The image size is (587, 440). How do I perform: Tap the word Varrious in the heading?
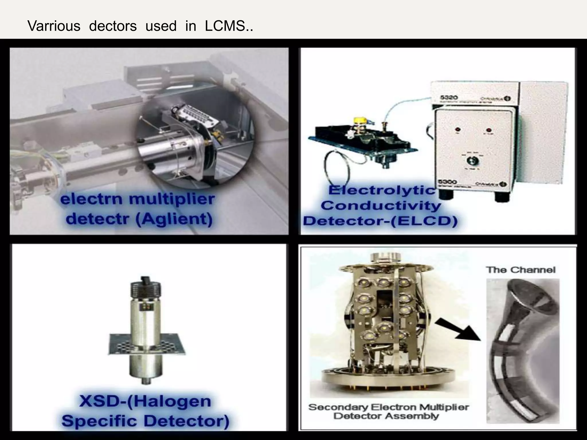point(54,26)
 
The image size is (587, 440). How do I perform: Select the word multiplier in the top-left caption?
point(172,199)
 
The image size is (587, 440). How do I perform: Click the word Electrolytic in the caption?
point(381,190)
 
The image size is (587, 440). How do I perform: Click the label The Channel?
point(521,270)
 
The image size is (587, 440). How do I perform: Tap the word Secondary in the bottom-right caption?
point(338,407)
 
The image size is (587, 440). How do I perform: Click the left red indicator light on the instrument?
point(458,129)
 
